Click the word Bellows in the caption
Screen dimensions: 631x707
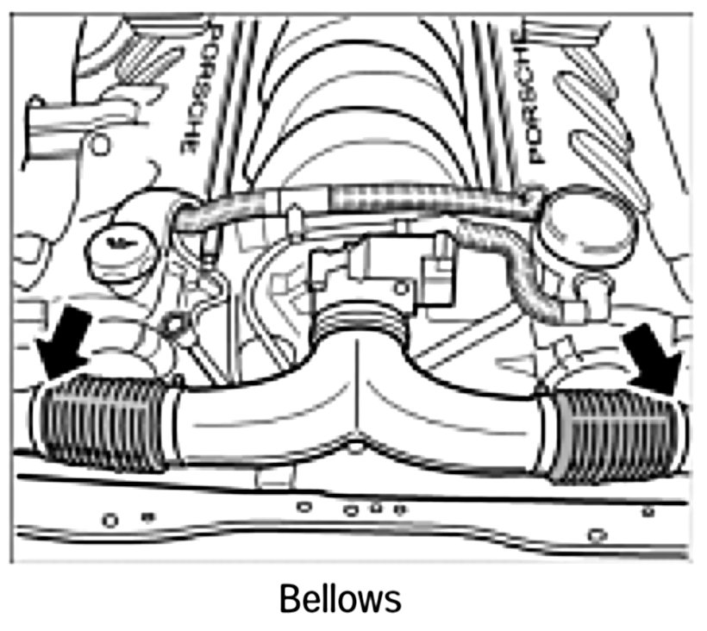[340, 597]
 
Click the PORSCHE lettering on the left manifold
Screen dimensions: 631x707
[193, 91]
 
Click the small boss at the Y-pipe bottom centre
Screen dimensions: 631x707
[355, 447]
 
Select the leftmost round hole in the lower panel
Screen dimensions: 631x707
[109, 521]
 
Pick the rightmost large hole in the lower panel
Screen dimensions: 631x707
[596, 534]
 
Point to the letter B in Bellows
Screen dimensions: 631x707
[288, 597]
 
